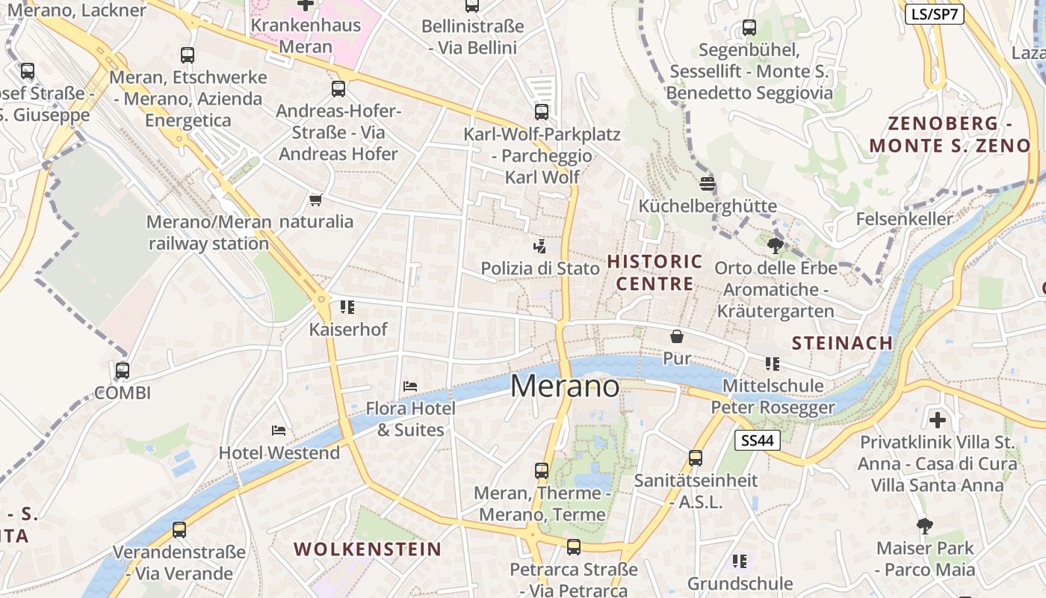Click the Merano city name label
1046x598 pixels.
[565, 386]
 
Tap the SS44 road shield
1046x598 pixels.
[757, 441]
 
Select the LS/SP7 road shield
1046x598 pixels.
[934, 13]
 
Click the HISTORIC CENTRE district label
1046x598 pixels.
[654, 273]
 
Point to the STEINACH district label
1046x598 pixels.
[842, 343]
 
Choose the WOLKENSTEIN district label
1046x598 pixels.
[368, 549]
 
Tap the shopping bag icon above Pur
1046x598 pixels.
[677, 336]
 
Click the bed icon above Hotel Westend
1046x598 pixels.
[279, 431]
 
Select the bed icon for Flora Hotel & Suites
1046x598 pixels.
[409, 386]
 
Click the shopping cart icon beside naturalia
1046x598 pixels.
[315, 200]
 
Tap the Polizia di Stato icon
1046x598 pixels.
[539, 246]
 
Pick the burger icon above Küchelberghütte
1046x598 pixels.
[708, 183]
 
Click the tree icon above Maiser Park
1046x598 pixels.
[925, 526]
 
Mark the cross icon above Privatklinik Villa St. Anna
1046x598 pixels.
[937, 419]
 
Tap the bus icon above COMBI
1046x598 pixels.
[123, 370]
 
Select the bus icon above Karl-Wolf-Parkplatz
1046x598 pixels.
[542, 112]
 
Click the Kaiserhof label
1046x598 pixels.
[348, 329]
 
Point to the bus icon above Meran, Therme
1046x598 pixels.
[542, 471]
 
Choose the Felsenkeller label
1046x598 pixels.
[904, 219]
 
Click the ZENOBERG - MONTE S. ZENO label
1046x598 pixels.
[949, 135]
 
